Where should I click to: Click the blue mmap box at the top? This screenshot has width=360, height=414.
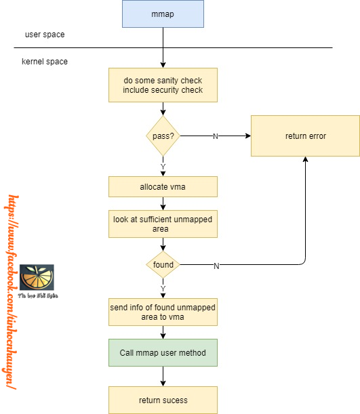click(x=163, y=14)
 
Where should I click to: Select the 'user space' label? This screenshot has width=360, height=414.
click(x=45, y=34)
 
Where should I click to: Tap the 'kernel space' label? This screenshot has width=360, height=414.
click(x=45, y=62)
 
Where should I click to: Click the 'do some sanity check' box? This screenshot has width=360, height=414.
click(x=163, y=85)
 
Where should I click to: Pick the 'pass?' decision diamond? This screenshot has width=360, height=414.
click(x=163, y=136)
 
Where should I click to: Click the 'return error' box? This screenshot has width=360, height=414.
click(x=305, y=136)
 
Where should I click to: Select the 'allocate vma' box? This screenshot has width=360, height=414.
click(x=163, y=186)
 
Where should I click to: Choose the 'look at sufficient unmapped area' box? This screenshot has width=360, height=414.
click(x=163, y=224)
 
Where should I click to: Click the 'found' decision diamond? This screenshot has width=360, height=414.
click(x=163, y=265)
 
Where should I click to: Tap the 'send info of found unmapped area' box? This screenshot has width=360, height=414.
click(x=163, y=312)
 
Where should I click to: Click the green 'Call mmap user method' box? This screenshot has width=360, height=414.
click(x=163, y=352)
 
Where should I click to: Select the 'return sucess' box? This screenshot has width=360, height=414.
click(x=163, y=400)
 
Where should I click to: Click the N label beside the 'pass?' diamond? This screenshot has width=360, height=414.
click(x=216, y=137)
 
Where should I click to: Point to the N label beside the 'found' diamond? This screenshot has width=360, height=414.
click(x=216, y=266)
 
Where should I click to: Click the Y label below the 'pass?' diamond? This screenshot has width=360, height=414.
click(x=163, y=167)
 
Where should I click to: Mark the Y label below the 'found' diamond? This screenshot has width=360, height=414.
click(x=163, y=288)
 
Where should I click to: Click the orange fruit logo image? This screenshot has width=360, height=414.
click(x=37, y=278)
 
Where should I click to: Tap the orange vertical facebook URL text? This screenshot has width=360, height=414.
click(x=12, y=291)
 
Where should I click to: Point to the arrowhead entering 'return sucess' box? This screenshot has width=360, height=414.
click(x=163, y=383)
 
